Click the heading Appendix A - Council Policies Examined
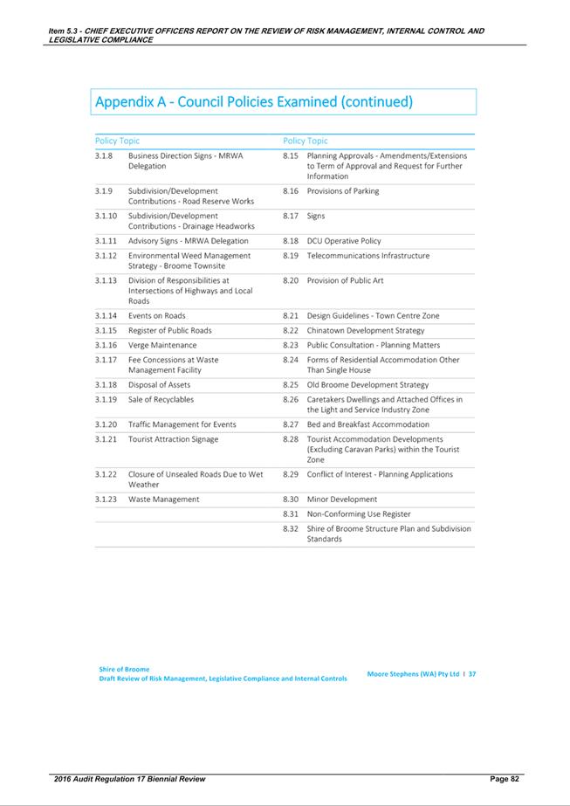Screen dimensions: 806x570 [253, 102]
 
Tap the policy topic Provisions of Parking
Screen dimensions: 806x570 [343, 191]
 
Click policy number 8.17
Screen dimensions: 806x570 [291, 215]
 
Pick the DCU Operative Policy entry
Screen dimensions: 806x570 [344, 241]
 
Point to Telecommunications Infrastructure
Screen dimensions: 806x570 [368, 256]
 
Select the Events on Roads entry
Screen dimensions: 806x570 [157, 315]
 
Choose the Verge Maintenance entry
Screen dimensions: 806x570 [162, 345]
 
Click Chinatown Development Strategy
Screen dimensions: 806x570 [366, 330]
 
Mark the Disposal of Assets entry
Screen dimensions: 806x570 [159, 384]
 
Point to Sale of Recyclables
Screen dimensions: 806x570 [161, 399]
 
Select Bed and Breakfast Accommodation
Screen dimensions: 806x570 [367, 424]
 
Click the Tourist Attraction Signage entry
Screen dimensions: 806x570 [173, 439]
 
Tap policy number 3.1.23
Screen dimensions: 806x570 [106, 499]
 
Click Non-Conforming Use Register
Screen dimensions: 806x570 [359, 514]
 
